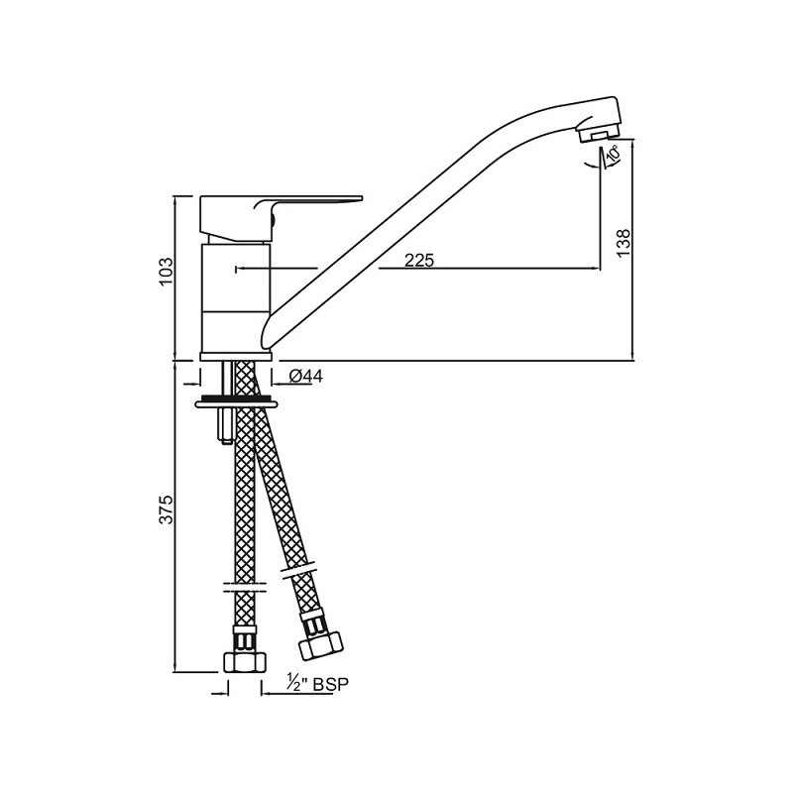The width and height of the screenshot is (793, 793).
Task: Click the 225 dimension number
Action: coord(419,261)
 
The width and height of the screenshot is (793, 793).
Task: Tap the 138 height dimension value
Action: coord(624,242)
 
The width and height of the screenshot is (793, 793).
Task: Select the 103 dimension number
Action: coord(167,272)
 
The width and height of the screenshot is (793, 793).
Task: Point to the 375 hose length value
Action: coord(167,510)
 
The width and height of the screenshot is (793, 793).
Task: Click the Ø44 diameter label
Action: coord(305,376)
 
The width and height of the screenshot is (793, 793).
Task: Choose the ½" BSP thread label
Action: coord(318,684)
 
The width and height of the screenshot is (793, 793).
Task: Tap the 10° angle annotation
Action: coord(613,153)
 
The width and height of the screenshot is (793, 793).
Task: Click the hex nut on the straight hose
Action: coord(245,662)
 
